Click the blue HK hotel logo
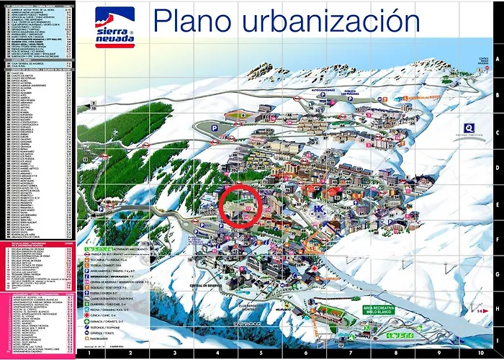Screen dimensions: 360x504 click(x=318, y=210)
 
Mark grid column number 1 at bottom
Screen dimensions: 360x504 click(x=88, y=354)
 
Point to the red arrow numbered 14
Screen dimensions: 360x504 click(x=479, y=310)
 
